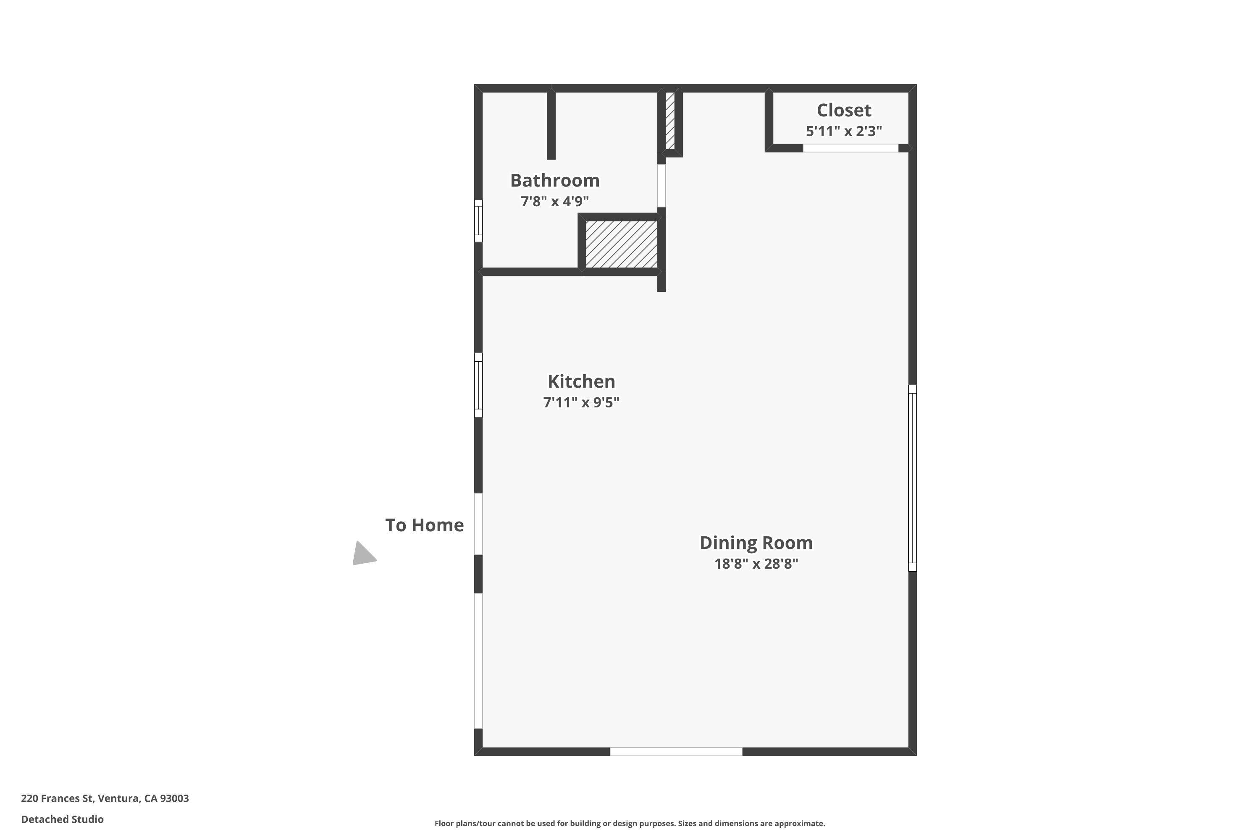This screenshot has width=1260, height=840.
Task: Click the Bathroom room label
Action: (x=554, y=181)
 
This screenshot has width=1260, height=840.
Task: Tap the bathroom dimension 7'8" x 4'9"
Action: (x=554, y=202)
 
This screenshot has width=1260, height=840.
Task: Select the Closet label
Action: (x=844, y=110)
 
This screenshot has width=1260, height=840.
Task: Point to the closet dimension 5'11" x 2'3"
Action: (x=844, y=131)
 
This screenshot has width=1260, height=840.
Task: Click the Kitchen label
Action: (x=581, y=381)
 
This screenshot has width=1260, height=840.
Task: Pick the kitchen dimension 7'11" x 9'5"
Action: (x=581, y=402)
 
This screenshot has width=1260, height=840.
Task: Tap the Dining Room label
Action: (x=756, y=543)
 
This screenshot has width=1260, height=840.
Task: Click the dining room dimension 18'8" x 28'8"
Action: (x=756, y=564)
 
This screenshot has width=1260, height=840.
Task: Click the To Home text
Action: (x=424, y=525)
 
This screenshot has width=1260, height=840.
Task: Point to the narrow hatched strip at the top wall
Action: (x=669, y=121)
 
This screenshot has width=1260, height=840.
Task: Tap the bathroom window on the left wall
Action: (x=478, y=221)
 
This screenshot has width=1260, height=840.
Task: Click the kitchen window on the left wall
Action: (x=478, y=385)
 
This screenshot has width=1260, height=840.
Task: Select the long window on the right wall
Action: (x=912, y=478)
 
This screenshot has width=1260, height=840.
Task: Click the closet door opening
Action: (x=850, y=148)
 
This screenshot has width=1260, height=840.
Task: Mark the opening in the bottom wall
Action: (x=676, y=752)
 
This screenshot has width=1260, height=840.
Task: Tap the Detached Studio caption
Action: (x=62, y=819)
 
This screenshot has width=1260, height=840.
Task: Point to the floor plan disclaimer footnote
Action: (x=630, y=823)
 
